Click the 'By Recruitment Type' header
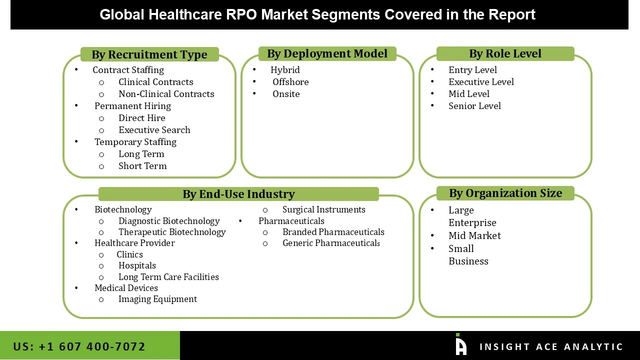pos(149,54)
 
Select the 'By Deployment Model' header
pos(327,53)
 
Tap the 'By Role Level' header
pos(505,53)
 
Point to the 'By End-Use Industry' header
pos(238,194)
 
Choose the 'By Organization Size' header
pos(505,193)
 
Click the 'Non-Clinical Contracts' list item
pos(166,94)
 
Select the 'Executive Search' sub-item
pos(154,130)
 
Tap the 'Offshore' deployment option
pos(290,82)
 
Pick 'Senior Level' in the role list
pos(474,106)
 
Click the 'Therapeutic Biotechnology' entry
pos(172,232)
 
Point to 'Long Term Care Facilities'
pos(168,277)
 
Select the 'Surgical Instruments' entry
pos(323,209)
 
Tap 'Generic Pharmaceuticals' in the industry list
pos(331,243)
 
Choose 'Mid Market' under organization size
pos(474,235)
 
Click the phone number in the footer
pos(79,346)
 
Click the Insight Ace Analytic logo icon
pos(460,345)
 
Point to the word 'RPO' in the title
pos(242,14)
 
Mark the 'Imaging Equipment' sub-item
pos(157,299)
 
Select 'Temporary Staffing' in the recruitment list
pos(135,142)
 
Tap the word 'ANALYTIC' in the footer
pos(593,347)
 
